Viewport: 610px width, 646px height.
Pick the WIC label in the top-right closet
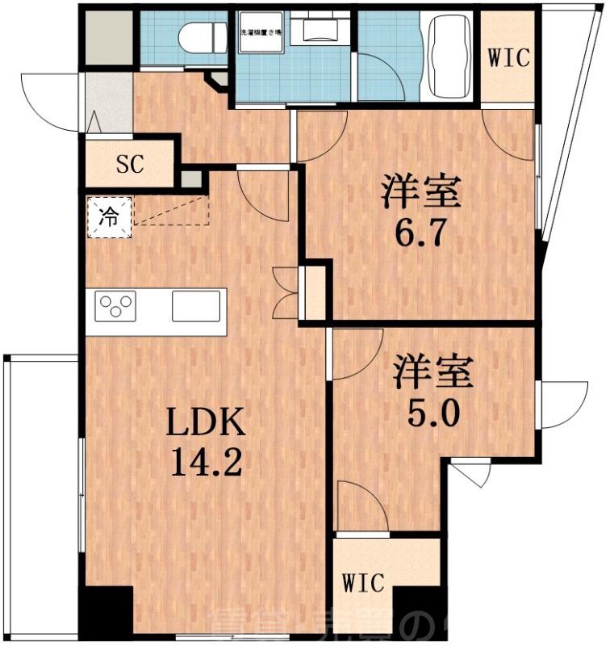pos(509,58)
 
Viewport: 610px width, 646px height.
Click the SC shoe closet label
pos(130,165)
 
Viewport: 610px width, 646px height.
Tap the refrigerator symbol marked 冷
pos(107,216)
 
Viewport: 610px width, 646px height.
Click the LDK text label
pos(206,422)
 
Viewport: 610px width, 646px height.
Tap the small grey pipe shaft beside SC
pos(190,178)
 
